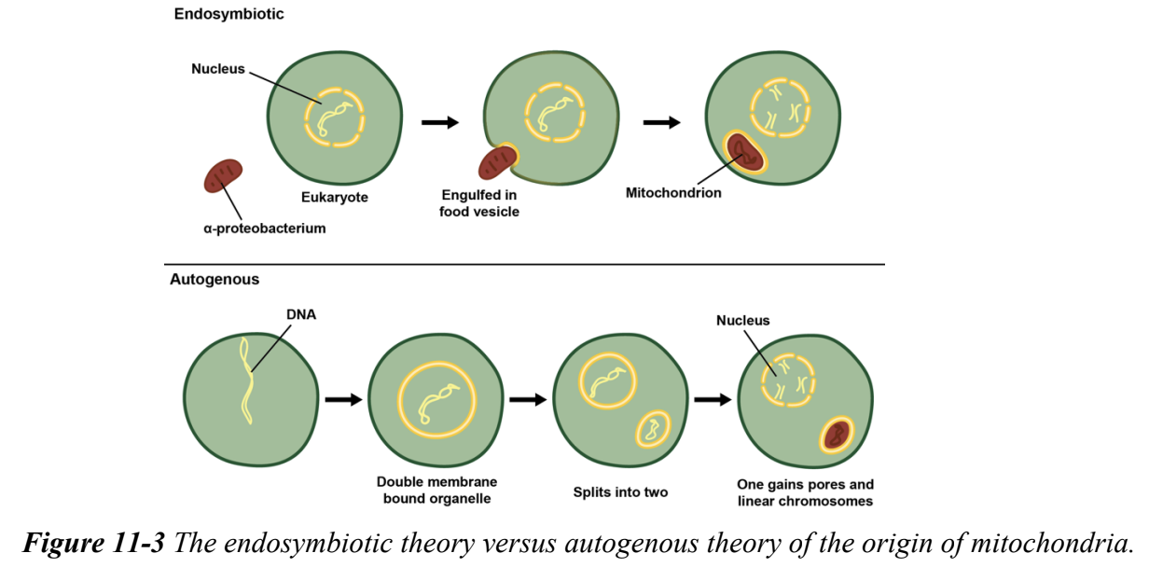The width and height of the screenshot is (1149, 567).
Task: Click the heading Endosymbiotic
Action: (228, 14)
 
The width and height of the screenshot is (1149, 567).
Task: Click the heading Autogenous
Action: (215, 279)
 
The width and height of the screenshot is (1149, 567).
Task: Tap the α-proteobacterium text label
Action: (264, 228)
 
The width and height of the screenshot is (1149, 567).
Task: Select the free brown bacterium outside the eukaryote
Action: (223, 175)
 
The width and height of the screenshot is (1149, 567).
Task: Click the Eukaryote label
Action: (335, 198)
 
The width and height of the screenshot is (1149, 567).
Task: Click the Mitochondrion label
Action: (673, 194)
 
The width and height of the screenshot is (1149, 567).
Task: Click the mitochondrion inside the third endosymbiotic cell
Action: (744, 152)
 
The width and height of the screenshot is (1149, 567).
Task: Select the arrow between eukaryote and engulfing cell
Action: (439, 122)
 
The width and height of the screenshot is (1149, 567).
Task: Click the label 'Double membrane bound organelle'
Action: (436, 490)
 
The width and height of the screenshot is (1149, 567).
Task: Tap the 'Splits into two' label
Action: (620, 491)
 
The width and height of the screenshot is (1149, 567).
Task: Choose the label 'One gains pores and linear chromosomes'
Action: (805, 492)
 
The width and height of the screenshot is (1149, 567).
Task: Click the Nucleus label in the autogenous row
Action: (743, 321)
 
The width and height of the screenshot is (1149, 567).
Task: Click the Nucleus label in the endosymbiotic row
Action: (217, 68)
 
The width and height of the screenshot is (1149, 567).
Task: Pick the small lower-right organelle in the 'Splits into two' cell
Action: (652, 430)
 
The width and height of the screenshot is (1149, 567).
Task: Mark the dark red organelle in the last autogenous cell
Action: (836, 435)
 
